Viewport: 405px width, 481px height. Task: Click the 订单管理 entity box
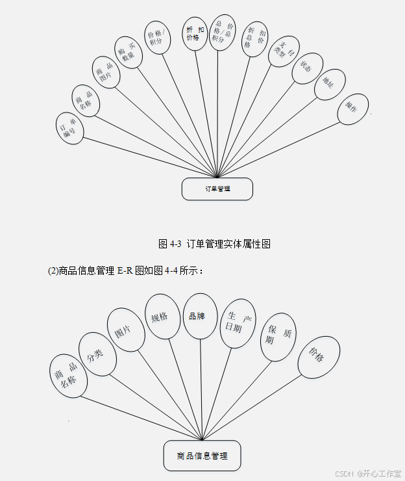(x=217, y=188)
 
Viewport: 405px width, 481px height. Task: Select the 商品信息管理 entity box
(x=202, y=456)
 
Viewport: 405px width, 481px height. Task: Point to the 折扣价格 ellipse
(x=195, y=34)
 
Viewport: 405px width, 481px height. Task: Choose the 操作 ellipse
(x=352, y=108)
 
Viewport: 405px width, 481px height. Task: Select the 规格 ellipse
(x=160, y=317)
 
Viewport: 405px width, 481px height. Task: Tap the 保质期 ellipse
(x=277, y=339)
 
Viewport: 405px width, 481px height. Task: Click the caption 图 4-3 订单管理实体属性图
(x=214, y=244)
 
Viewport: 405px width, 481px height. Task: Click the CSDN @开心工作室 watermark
(x=367, y=473)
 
